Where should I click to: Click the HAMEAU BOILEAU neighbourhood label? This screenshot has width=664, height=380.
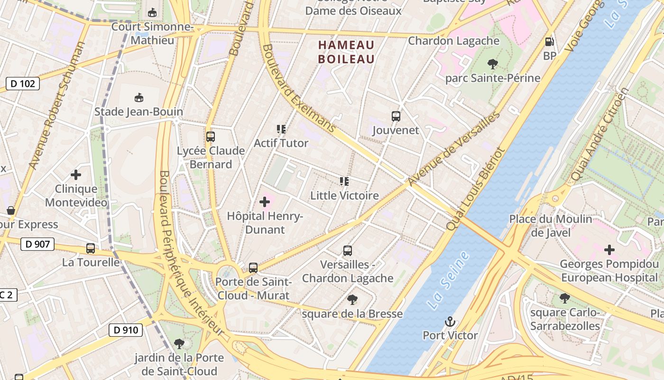tap(346, 52)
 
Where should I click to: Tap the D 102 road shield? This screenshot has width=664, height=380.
tap(23, 84)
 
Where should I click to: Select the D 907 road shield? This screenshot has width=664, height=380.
tap(37, 245)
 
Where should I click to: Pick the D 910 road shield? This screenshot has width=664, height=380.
tap(126, 330)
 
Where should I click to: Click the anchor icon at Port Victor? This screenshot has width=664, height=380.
tap(450, 322)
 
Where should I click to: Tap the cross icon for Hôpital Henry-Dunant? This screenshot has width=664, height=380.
tap(265, 203)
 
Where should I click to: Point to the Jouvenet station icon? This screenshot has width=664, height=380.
tap(396, 116)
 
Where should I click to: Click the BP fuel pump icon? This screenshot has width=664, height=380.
tap(550, 42)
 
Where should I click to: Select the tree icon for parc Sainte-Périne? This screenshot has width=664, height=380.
tap(493, 64)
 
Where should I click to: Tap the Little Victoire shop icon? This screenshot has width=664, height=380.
tap(344, 181)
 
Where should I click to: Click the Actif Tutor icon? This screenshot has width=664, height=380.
tap(281, 129)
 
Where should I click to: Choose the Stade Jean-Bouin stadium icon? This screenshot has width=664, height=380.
tap(138, 98)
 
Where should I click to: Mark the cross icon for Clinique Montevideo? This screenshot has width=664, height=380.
tap(76, 175)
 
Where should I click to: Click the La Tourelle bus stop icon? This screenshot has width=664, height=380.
tap(91, 248)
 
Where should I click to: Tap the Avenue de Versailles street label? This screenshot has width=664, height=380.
tap(454, 149)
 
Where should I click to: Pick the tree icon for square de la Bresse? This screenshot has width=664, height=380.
tap(352, 299)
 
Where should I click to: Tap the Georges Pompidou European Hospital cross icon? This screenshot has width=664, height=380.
tap(609, 250)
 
